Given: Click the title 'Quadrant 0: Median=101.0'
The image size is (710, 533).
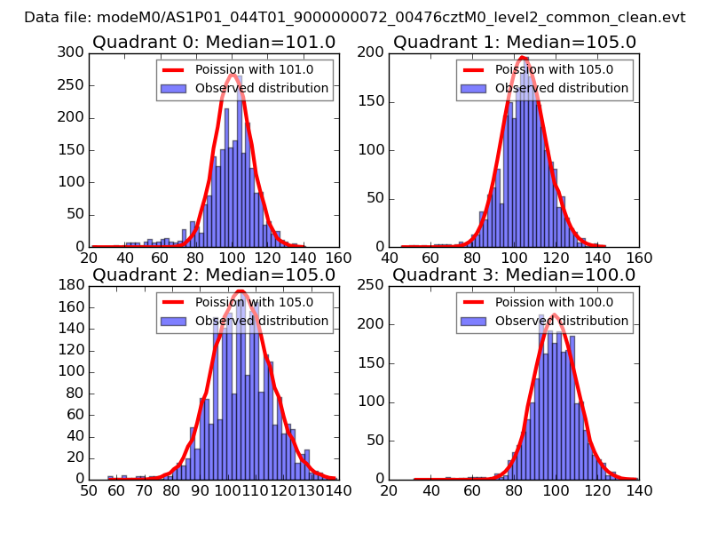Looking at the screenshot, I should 214,42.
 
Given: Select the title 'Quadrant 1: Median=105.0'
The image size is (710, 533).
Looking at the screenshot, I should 515,42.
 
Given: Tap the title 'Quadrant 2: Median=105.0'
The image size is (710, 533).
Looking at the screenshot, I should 214,274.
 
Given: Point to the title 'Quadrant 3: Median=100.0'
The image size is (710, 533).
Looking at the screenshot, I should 515,274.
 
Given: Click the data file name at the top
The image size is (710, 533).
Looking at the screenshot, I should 355,17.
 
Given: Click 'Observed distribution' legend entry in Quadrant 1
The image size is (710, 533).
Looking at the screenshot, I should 561,88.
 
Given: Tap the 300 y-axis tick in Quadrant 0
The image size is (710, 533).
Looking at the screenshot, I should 71,52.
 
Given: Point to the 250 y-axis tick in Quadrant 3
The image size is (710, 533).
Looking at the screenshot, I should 371,285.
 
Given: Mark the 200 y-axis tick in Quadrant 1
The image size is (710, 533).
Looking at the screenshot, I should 371,52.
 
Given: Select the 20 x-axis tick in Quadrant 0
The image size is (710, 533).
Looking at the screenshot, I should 89,258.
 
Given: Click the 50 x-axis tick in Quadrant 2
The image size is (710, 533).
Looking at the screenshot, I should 89,490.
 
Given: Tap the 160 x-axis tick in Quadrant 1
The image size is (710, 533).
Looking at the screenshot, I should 638,258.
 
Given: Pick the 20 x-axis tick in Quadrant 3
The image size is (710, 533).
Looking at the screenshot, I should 390,490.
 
